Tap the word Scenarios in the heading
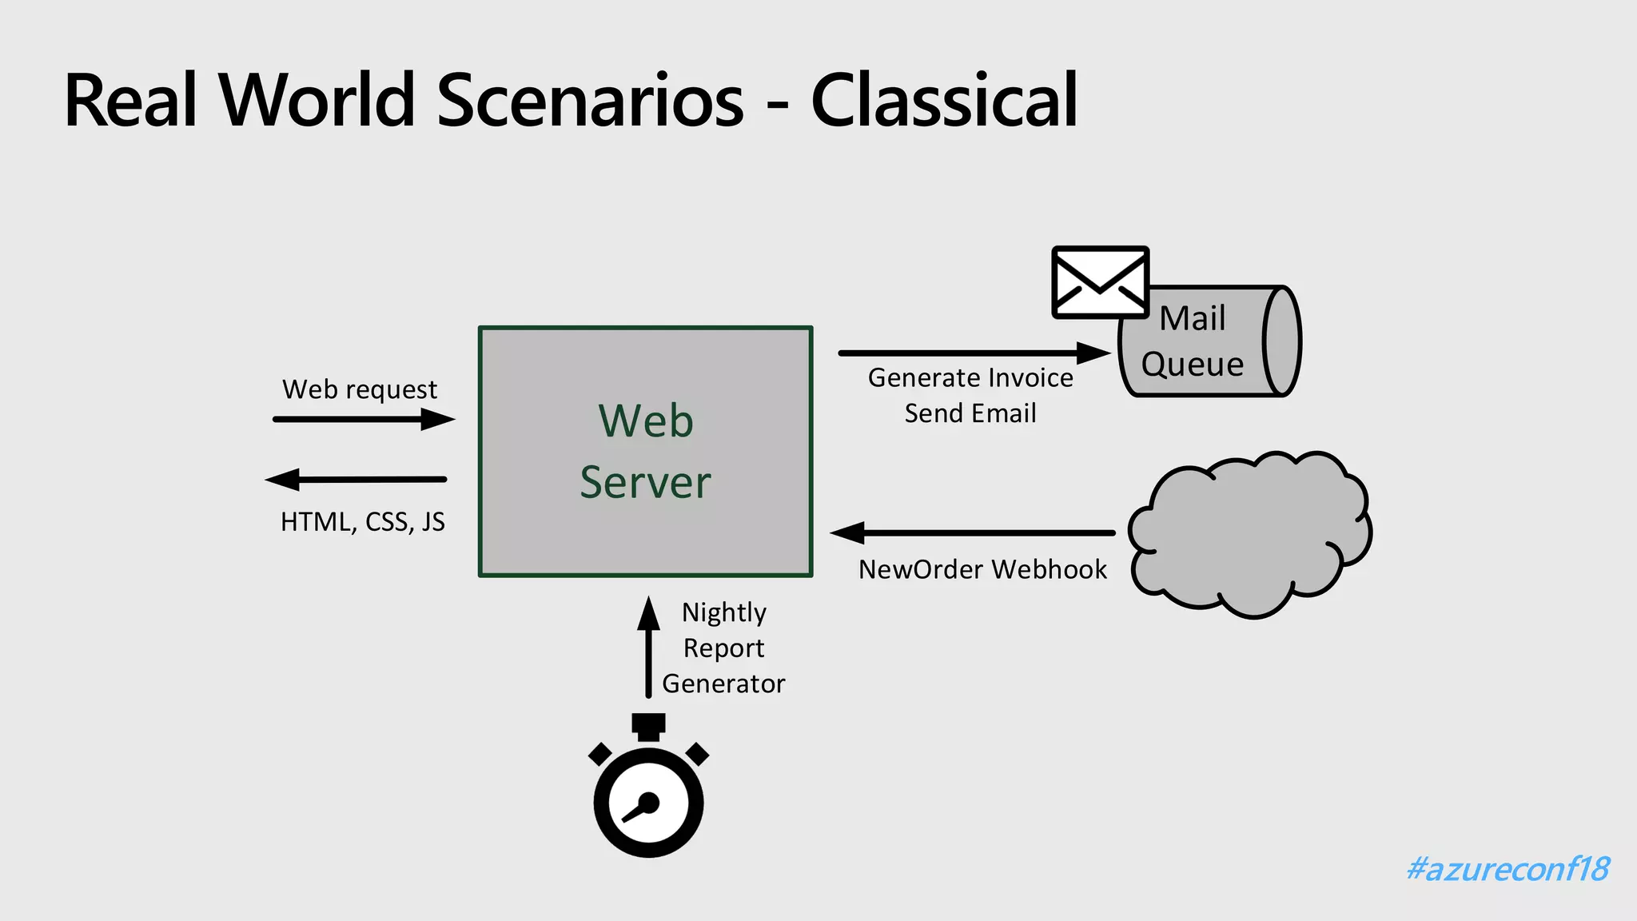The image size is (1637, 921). click(x=590, y=101)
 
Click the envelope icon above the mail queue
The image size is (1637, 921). click(x=1100, y=282)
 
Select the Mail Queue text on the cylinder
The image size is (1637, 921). click(x=1192, y=341)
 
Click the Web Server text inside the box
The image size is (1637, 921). click(x=646, y=452)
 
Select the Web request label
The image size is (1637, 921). click(x=360, y=389)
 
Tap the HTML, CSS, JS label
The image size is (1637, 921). click(x=362, y=522)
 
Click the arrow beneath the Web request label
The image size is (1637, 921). click(x=364, y=418)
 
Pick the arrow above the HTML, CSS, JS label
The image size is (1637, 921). click(x=356, y=480)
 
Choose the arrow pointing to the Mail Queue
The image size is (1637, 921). click(x=974, y=353)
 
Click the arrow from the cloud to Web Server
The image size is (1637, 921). click(x=972, y=532)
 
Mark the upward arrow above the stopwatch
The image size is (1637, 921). click(x=648, y=648)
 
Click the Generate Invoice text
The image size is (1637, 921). click(x=970, y=378)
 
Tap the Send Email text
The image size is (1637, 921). click(x=970, y=414)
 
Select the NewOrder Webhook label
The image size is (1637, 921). click(x=982, y=570)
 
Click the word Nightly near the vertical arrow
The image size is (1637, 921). click(x=723, y=613)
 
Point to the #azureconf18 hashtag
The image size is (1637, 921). click(x=1508, y=869)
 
